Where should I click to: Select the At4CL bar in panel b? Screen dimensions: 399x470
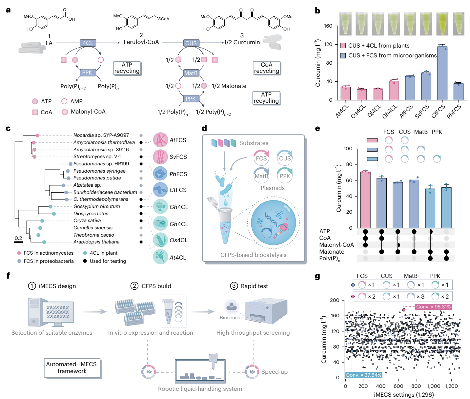(345, 93)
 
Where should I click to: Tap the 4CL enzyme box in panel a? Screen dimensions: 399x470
(88, 43)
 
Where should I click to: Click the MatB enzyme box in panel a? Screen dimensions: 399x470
(191, 73)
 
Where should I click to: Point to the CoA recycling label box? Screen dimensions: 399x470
(266, 68)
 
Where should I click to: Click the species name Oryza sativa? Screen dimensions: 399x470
(87, 220)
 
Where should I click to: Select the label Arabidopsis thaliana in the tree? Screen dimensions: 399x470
(96, 242)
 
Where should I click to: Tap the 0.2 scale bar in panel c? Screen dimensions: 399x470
(18, 242)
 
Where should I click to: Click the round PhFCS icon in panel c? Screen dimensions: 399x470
(160, 174)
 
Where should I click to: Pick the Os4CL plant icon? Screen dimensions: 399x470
(160, 240)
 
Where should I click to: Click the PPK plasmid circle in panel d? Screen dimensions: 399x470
(284, 175)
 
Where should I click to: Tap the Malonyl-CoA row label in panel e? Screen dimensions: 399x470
(336, 245)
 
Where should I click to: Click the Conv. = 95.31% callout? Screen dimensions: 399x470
(433, 307)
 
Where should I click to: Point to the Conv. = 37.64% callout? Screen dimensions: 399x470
(363, 375)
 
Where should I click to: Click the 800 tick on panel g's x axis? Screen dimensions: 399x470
(416, 386)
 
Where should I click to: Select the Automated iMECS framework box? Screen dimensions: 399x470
(72, 368)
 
